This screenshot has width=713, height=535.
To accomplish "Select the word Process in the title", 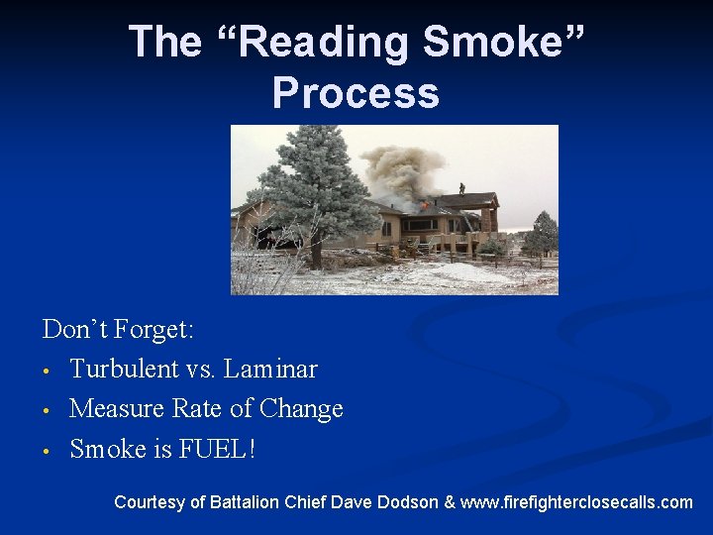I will point(356,92).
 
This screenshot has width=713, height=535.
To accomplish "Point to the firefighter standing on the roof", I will point(460,187).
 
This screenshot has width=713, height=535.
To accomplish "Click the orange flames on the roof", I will point(425,204).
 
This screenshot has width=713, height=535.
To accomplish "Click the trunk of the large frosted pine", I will point(316,252).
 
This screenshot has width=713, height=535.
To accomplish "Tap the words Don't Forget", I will point(118,329).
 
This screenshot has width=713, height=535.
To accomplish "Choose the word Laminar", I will point(270,369).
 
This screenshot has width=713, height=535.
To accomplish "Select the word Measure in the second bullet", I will point(118,408).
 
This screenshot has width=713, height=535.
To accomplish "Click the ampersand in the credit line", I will point(451,502).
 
